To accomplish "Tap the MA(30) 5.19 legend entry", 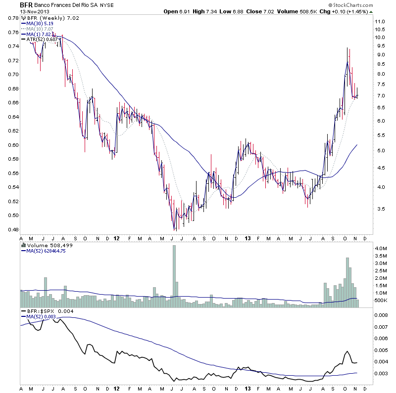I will tap(38, 23).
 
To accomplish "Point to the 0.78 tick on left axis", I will tap(11, 18).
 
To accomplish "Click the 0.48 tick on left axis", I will tap(11, 229).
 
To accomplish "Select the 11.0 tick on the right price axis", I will tap(380, 22).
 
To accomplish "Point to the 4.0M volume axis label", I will tap(380, 247).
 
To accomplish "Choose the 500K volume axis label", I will tap(380, 300).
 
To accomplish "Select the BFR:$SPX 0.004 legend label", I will tap(46, 311).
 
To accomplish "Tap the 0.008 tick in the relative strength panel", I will tap(381, 315).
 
